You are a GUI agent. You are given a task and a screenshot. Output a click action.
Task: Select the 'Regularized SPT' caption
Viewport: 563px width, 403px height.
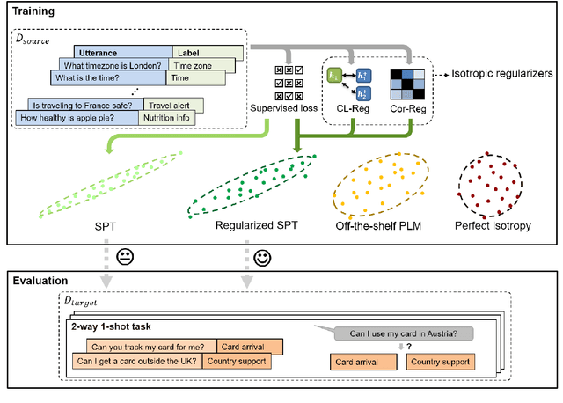pos(255,225)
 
